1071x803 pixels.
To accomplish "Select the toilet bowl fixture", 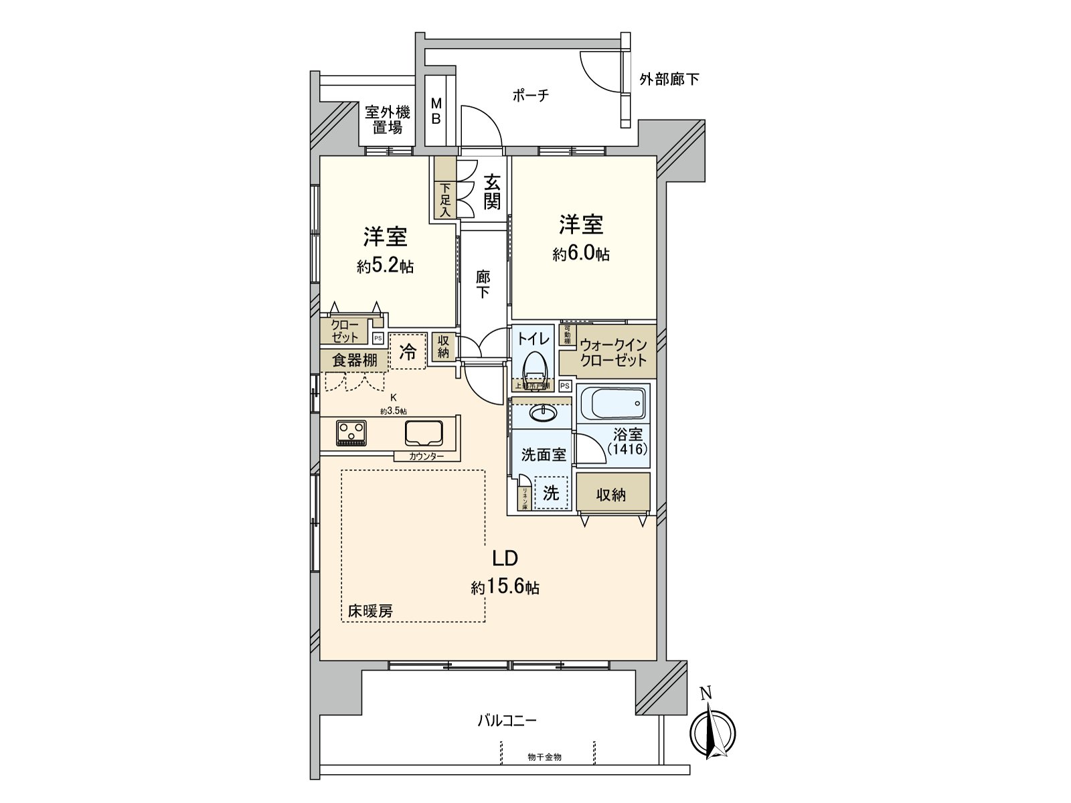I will tap(533, 368).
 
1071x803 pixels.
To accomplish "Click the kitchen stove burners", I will tap(351, 432).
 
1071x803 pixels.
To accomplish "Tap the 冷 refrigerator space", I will tap(408, 351).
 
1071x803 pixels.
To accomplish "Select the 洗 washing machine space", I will tap(550, 493).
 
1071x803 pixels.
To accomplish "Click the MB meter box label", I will tap(436, 112).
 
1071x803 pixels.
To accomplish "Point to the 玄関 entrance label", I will tap(492, 191).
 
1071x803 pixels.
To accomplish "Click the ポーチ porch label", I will tap(531, 96).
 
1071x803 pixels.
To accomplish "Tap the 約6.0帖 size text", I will tap(581, 254).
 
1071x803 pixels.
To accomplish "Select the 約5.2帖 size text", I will tap(385, 266).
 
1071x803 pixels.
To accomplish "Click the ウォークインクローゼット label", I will tap(613, 353).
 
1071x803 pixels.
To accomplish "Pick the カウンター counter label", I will tap(426, 456).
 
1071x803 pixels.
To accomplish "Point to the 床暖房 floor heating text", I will tap(370, 610).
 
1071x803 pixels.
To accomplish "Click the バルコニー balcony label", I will tap(507, 721).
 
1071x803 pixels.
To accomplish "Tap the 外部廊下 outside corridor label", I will tap(669, 80).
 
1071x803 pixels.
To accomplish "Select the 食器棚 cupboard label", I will tap(355, 361).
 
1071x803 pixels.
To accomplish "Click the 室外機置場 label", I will tap(388, 119).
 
